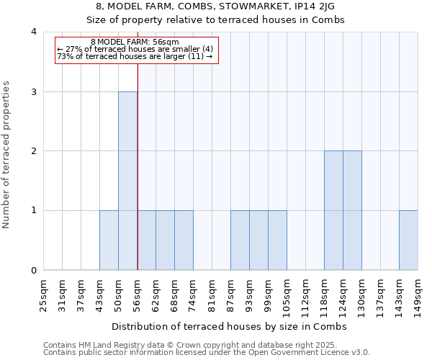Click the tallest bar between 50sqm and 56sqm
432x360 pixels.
tap(127, 181)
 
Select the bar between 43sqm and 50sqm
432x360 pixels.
tap(109, 240)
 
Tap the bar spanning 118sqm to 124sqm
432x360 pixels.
tap(333, 210)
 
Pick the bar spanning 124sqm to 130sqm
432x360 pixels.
tap(352, 210)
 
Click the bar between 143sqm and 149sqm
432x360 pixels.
tap(408, 240)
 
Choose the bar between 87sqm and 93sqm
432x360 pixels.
tap(240, 240)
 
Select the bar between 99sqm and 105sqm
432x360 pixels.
tap(277, 240)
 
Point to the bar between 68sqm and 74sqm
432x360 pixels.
tap(184, 240)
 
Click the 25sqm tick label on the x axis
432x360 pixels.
tap(44, 294)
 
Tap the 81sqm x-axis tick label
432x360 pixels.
tap(212, 294)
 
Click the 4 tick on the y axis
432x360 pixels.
tap(33, 32)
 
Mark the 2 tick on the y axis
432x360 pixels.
tap(33, 151)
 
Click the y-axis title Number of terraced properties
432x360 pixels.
tap(6, 155)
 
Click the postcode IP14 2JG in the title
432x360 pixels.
tap(319, 7)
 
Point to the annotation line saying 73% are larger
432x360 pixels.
tap(135, 56)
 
